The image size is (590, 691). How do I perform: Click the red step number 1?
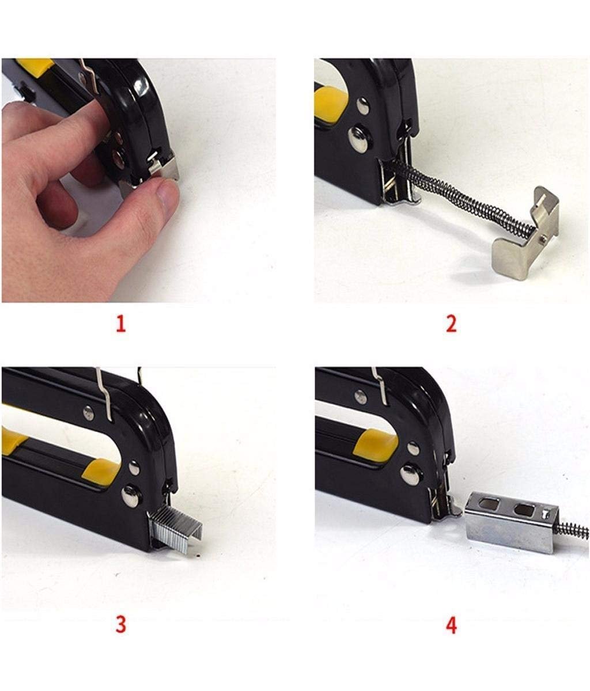121,324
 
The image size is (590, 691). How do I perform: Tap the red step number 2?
451,324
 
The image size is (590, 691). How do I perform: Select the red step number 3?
121,624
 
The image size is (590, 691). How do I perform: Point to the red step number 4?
451,625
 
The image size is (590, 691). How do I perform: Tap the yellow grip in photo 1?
35,63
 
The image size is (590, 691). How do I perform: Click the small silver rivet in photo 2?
363,105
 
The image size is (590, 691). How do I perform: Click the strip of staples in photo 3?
176,529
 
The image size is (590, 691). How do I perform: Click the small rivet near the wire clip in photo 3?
88,413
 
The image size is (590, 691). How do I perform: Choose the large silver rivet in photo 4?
410,474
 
